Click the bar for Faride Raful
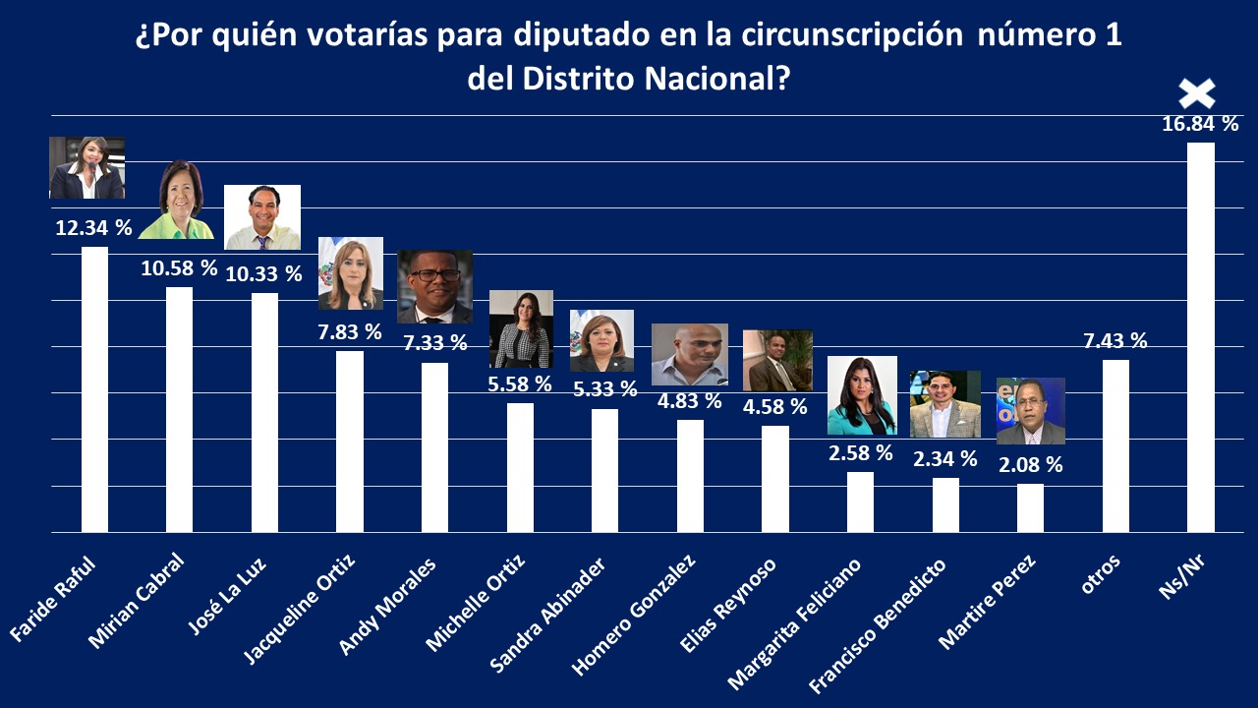tap(94, 388)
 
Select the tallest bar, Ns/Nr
tap(1201, 336)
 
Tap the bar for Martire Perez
tap(1030, 507)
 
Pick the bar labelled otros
tap(1115, 445)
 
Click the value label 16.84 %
tap(1200, 124)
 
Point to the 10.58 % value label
tap(179, 267)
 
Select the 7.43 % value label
tap(1114, 341)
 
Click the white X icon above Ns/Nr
tap(1197, 93)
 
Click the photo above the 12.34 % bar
tap(86, 168)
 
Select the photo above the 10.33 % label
tap(262, 217)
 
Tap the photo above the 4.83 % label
tap(690, 355)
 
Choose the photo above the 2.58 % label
tap(862, 395)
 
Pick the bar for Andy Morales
tap(434, 447)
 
